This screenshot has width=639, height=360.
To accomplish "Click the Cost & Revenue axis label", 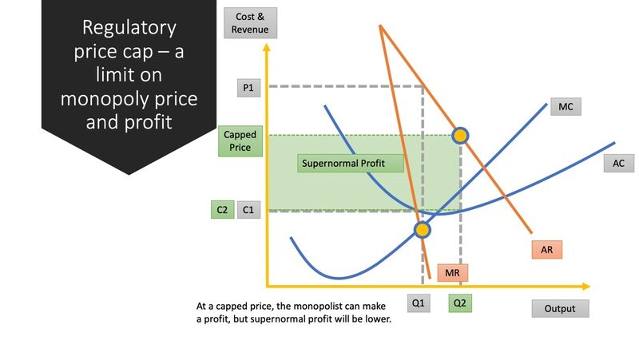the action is (x=250, y=23).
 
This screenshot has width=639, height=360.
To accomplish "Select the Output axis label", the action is (x=560, y=308).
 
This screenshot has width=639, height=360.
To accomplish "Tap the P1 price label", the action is (x=248, y=88).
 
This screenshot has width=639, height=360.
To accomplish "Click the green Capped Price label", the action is (x=240, y=141).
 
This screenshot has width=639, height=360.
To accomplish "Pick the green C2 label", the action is (x=222, y=210).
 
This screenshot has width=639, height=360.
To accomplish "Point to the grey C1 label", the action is (x=248, y=210).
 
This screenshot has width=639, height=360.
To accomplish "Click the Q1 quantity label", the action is (x=419, y=303).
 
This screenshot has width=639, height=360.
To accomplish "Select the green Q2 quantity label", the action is (x=460, y=303).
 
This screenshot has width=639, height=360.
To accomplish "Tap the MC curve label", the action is (x=566, y=107).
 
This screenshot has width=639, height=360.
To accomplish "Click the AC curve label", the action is (x=618, y=163).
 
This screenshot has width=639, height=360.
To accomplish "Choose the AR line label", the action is (x=547, y=250).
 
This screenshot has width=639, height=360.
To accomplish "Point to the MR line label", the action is (x=452, y=273).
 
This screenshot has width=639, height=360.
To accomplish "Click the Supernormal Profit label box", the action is (x=351, y=164).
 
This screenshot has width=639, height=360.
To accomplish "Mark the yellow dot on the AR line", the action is (x=460, y=136).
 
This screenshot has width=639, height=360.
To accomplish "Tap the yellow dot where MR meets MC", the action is (x=423, y=230).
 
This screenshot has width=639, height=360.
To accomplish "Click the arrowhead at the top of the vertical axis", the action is (x=267, y=47).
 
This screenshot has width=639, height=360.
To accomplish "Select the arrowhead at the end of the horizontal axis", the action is (x=586, y=287).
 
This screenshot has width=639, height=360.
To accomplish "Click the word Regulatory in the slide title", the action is (x=129, y=28).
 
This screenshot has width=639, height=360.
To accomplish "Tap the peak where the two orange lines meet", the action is (x=380, y=26).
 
